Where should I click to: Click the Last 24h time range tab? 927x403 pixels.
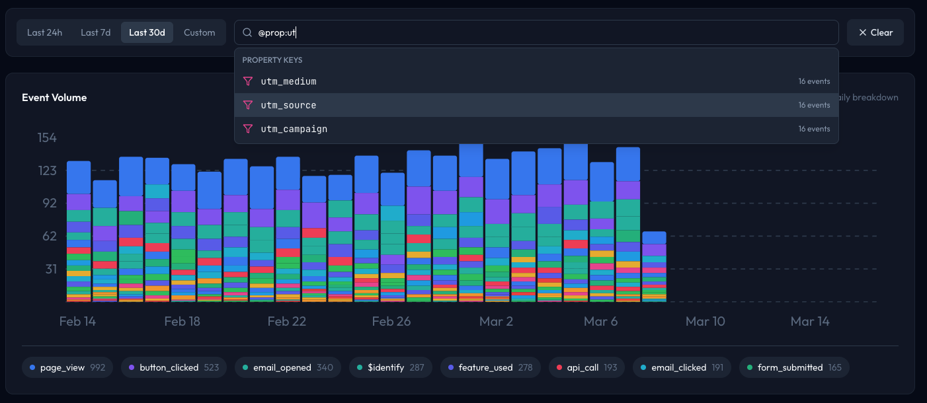tap(44, 32)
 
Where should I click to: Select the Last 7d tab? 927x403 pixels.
tap(95, 32)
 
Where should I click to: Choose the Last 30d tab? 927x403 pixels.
tap(147, 32)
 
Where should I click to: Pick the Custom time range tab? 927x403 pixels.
tap(199, 32)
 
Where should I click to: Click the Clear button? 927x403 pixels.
tap(875, 32)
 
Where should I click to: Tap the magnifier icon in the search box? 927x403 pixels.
tap(247, 32)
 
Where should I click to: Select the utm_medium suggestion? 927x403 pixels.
tap(288, 81)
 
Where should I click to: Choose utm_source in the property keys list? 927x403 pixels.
tap(288, 105)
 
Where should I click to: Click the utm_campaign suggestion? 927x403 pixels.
tap(294, 129)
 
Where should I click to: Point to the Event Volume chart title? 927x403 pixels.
tap(54, 98)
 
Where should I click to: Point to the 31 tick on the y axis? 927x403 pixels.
tap(50, 269)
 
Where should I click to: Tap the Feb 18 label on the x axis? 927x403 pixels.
tap(182, 322)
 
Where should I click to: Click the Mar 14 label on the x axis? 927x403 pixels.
tap(810, 322)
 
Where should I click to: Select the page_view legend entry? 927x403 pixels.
tap(67, 367)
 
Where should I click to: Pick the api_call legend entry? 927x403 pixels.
tap(586, 367)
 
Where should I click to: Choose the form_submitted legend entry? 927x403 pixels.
tap(793, 367)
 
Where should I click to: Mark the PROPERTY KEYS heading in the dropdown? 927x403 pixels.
tap(272, 60)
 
